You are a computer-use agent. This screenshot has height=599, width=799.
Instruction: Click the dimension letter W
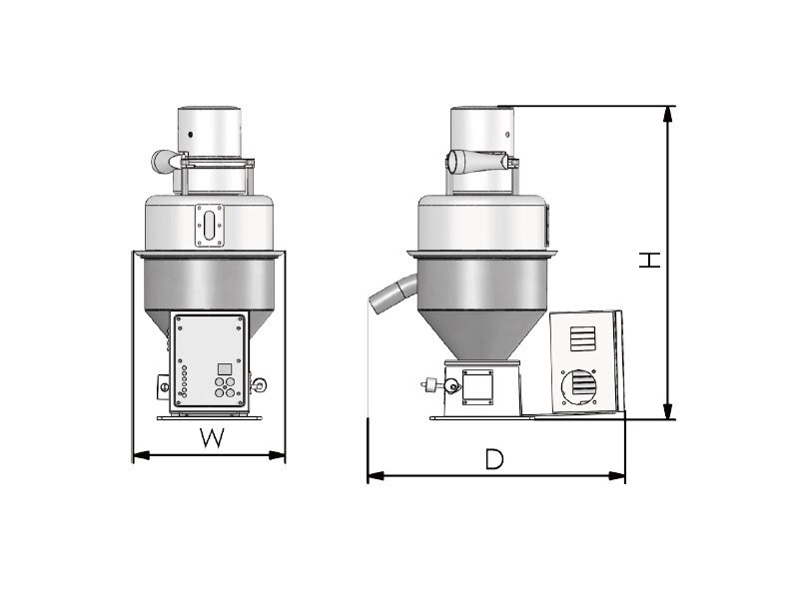(x=212, y=438)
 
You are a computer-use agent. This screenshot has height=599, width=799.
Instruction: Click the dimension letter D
(x=493, y=459)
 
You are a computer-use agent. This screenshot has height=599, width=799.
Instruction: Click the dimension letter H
(x=650, y=261)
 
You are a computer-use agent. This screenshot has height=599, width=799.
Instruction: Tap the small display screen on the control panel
(x=224, y=369)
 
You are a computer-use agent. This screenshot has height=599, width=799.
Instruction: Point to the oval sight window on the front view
(x=210, y=226)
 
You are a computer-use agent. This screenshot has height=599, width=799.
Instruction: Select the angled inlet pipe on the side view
(x=393, y=294)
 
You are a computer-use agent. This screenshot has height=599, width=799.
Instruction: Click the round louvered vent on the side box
(x=578, y=387)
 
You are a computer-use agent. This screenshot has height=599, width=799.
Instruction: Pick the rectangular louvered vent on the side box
(x=582, y=338)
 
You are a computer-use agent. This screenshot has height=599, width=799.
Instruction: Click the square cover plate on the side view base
(x=477, y=386)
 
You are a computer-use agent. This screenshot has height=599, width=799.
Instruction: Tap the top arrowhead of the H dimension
(x=667, y=114)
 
